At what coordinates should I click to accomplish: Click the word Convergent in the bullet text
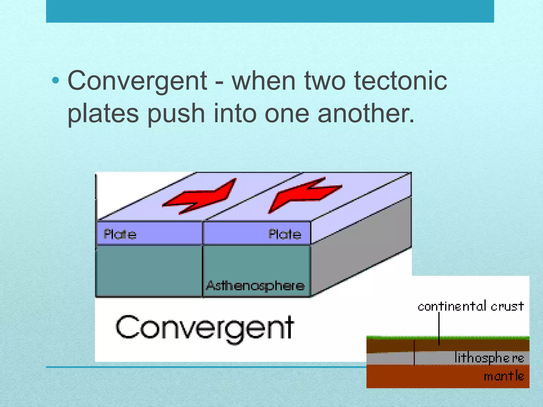(137, 81)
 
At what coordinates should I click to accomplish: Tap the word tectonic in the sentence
(400, 81)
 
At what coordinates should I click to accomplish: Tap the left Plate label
(120, 234)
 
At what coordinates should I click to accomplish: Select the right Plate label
(285, 234)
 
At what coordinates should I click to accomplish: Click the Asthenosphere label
(255, 286)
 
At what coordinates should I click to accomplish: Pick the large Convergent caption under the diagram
(205, 328)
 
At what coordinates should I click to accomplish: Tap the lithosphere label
(489, 358)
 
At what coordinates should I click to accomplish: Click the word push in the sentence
(176, 113)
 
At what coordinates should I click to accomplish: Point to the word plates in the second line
(103, 113)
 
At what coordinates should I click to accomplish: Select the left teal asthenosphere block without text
(149, 270)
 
